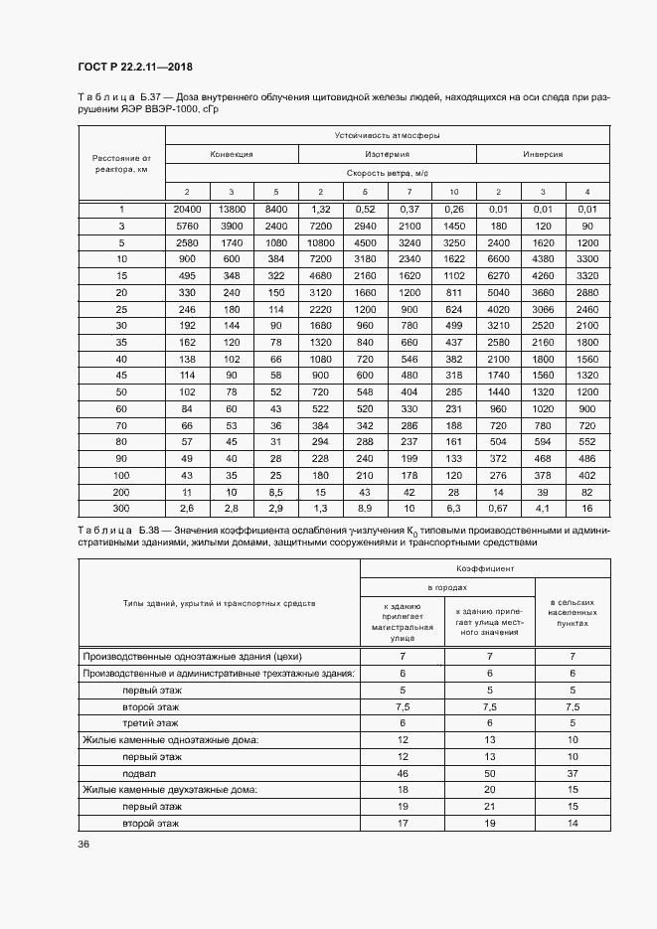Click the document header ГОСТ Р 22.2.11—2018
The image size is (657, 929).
[x=135, y=68]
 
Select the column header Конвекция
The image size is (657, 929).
[x=231, y=154]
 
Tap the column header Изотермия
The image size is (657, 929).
[x=388, y=154]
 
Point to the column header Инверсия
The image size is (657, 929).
[x=543, y=154]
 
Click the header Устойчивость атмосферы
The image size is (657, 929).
[x=388, y=134]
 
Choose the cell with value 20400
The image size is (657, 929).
[x=187, y=209]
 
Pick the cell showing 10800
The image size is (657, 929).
[x=320, y=242]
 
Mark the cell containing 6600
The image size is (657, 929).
[x=499, y=259]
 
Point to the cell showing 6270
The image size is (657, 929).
[x=499, y=276]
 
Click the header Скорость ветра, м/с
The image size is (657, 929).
[x=388, y=172]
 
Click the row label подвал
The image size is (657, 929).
[x=138, y=772]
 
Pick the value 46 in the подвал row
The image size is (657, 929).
[x=403, y=772]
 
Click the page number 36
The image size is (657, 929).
[x=83, y=844]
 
